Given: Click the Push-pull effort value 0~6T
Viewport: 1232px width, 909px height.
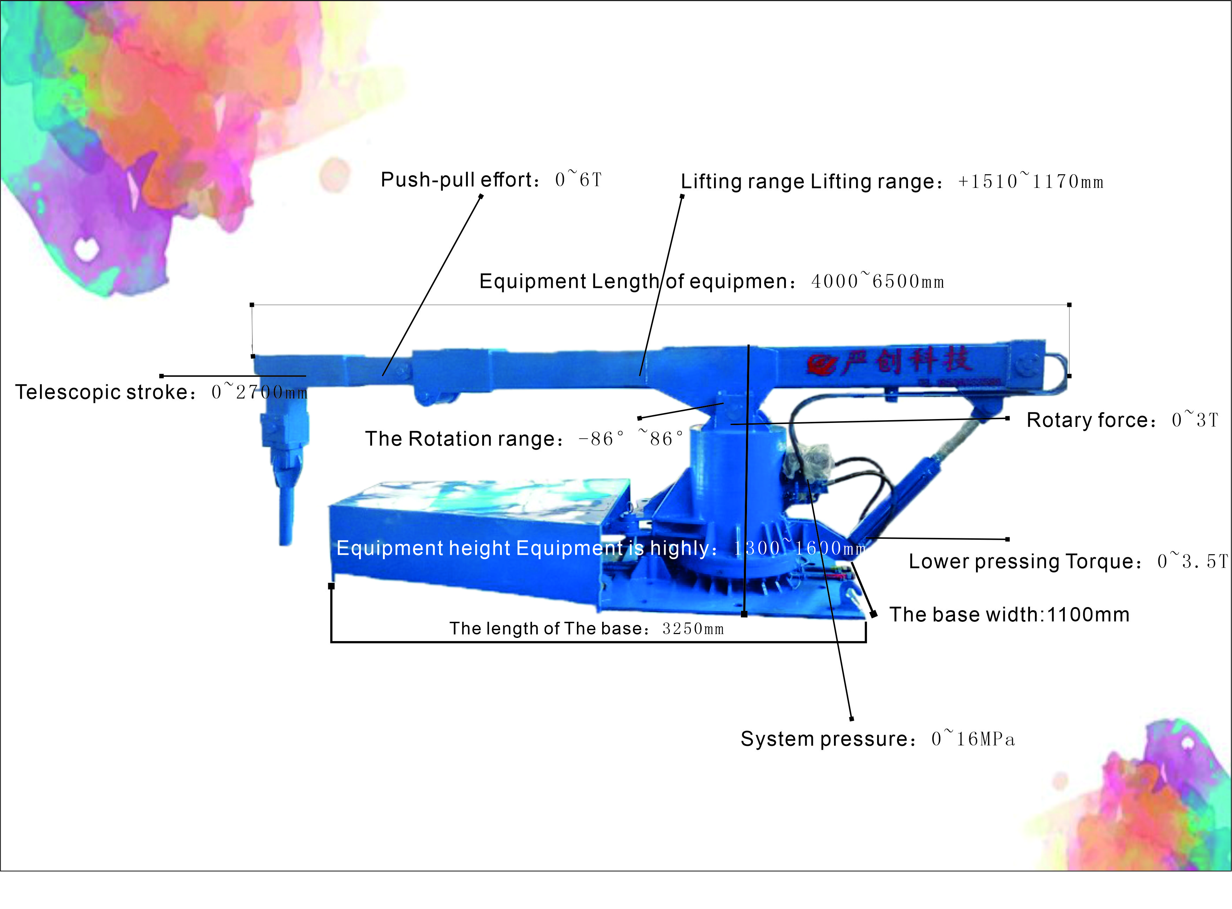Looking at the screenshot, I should click(x=578, y=179).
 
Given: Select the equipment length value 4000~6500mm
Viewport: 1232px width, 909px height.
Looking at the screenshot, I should click(x=877, y=281).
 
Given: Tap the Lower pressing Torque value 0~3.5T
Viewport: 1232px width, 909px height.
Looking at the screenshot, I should click(x=1192, y=561).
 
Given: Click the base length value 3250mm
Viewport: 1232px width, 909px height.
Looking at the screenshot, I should click(x=693, y=628).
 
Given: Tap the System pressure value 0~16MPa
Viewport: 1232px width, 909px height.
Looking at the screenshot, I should click(x=973, y=739).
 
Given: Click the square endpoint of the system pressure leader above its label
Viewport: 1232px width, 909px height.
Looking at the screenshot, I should click(x=851, y=719).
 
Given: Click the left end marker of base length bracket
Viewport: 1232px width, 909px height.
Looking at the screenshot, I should click(x=331, y=586).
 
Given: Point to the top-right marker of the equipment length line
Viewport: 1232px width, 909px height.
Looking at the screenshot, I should click(x=1069, y=304).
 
